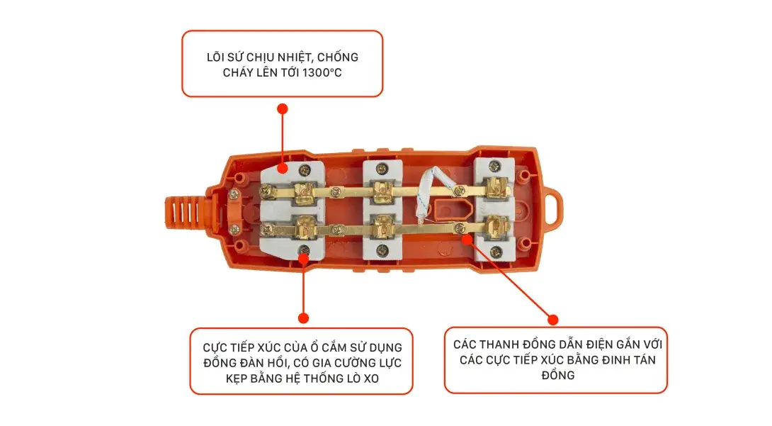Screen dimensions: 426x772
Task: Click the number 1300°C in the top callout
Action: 317,73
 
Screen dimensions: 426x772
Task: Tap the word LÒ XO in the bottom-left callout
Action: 363,379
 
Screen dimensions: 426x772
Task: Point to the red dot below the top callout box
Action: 283,108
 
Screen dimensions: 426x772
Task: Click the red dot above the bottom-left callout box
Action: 303,318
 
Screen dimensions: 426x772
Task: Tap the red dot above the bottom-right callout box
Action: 553,320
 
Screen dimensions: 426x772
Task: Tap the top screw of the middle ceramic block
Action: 382,168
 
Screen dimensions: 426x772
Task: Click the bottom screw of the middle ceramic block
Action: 382,249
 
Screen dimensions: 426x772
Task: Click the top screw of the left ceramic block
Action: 305,169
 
